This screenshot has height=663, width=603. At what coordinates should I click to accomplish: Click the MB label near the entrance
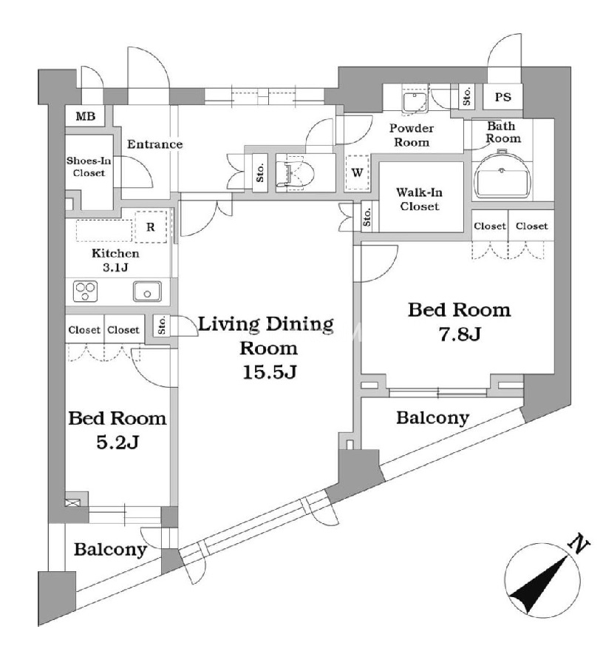[x=85, y=116]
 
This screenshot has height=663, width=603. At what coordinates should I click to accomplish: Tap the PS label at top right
[x=503, y=97]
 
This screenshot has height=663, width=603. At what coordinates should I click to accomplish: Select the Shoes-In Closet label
[x=89, y=166]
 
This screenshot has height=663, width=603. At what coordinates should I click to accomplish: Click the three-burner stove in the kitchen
[x=86, y=291]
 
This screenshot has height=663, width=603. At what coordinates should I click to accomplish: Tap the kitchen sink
[x=147, y=292]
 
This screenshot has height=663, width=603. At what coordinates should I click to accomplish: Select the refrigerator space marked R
[x=151, y=227]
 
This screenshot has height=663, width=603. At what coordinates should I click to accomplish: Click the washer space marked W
[x=357, y=172]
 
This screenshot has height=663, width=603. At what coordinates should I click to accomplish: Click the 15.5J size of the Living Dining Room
[x=270, y=372]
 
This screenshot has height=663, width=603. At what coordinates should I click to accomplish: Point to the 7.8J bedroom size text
[x=460, y=334]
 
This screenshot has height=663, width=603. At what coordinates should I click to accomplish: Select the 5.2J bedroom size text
[x=117, y=442]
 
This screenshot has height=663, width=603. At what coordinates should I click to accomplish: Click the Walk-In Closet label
[x=419, y=199]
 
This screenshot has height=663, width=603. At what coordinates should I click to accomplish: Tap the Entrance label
[x=155, y=144]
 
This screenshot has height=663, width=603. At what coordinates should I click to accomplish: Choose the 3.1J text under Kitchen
[x=115, y=267]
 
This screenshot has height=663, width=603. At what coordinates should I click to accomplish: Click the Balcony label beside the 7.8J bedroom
[x=433, y=418]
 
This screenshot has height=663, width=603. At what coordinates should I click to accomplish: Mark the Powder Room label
[x=412, y=135]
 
